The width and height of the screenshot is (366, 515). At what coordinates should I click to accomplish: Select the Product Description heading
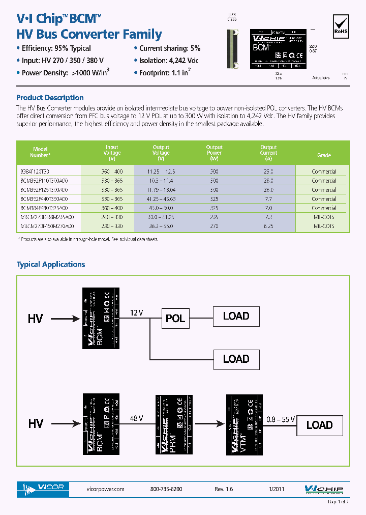coord(50,98)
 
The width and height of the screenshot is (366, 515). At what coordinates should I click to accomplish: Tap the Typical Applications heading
coord(51,265)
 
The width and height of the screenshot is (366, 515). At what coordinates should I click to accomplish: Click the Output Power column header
coord(214,152)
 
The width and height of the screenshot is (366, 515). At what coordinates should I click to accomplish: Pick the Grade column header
coord(324,155)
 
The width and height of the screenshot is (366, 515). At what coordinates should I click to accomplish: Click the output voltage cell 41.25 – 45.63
coord(161,199)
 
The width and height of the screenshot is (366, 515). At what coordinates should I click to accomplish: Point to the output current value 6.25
coord(268,226)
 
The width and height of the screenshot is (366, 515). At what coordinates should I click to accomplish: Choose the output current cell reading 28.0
coord(268,181)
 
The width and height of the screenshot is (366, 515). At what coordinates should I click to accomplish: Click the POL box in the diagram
coord(175,319)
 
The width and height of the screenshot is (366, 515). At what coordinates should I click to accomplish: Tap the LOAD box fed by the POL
coord(236,316)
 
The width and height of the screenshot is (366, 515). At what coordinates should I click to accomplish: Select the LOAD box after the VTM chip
coord(319,425)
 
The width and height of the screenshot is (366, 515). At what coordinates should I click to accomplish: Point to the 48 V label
coord(136,417)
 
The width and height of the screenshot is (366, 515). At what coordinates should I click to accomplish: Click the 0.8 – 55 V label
coord(280,419)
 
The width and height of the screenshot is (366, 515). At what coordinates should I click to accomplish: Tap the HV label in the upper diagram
coord(36,319)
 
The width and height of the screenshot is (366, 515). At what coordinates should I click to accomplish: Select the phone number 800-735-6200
coord(166,489)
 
